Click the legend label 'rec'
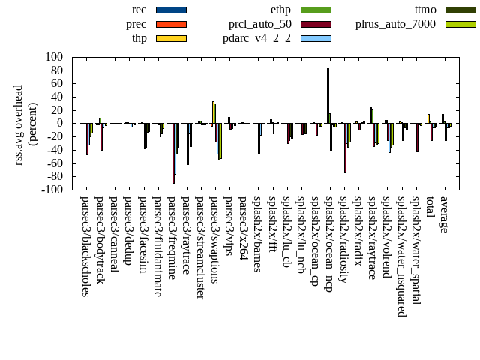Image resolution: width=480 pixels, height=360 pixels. pos(139,10)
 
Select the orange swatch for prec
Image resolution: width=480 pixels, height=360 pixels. pos(171,24)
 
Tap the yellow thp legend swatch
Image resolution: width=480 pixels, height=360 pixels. pos(171,38)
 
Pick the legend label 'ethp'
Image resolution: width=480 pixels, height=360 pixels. pos(280,10)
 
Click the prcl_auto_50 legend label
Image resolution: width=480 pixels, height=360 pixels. pos(260,24)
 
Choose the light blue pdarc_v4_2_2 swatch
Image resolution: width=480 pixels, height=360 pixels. pos(316,38)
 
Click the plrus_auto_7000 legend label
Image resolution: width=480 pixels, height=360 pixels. pos(395,24)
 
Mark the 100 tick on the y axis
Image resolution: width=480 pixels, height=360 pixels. pos(53,57)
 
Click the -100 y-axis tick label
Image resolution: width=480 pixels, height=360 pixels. pos(51,190)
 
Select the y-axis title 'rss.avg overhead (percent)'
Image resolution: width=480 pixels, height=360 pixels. pos(25,123)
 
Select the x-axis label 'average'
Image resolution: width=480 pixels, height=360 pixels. pos(444,214)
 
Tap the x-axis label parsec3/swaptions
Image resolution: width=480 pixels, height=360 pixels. pos(214,240)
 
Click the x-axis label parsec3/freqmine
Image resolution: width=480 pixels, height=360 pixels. pos(172,238)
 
